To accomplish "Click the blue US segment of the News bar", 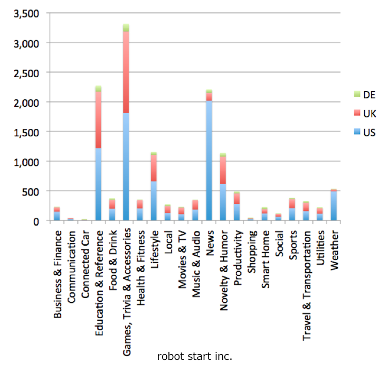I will (x=209, y=159).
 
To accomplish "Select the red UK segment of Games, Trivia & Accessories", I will (x=126, y=71).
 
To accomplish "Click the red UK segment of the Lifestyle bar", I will (x=154, y=168).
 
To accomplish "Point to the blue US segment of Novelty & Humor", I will (x=223, y=201).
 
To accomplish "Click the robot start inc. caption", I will (x=194, y=357).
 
